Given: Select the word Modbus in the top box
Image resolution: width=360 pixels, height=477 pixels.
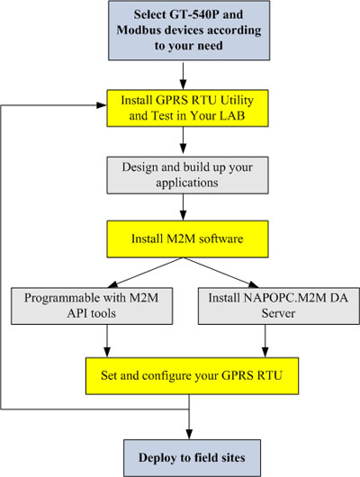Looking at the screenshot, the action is [x=136, y=30].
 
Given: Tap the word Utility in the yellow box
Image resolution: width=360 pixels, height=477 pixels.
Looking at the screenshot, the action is [x=237, y=101].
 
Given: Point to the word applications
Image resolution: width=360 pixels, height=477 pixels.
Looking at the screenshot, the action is [x=187, y=183].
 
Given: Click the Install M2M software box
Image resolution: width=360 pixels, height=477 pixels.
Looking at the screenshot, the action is [x=187, y=239].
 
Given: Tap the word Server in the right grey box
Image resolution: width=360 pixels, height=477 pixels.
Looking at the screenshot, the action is [x=278, y=313].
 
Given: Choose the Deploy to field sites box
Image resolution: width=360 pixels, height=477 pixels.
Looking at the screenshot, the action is [x=192, y=458].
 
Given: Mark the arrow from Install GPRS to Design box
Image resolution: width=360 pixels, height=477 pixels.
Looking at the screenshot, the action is [x=183, y=140].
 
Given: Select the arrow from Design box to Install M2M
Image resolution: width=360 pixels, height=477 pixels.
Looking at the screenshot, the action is [x=183, y=207].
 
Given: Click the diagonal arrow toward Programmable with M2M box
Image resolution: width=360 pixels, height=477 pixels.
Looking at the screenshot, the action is [x=145, y=273].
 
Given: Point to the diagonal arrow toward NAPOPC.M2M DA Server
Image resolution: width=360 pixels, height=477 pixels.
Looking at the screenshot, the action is [x=220, y=273].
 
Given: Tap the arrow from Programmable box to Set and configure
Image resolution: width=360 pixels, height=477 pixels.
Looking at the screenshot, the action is [x=107, y=341].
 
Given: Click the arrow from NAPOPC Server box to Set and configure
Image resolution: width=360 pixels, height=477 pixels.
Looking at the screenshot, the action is [x=265, y=341].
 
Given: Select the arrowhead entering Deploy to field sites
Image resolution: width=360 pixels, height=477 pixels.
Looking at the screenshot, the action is [x=189, y=434].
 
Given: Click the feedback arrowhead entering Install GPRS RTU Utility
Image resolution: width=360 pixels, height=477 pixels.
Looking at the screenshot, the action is [x=102, y=105].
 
